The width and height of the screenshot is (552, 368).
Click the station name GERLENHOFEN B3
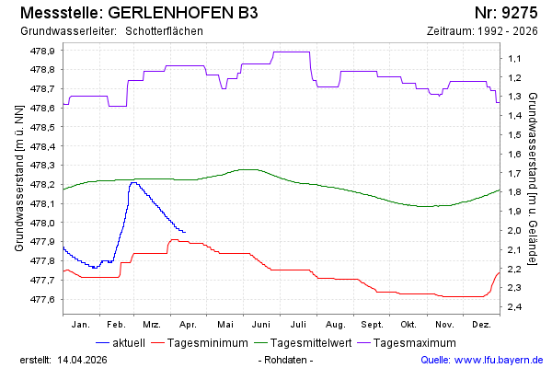(x=183, y=13)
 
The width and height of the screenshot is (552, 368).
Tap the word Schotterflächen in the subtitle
(x=164, y=31)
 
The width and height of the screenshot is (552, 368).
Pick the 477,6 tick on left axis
(x=43, y=299)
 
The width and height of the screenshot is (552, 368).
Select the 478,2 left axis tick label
(x=43, y=184)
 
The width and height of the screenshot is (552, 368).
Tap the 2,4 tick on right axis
(x=513, y=306)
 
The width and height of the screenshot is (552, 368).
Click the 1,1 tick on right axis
(x=513, y=58)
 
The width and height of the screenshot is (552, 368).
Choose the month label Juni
(x=261, y=325)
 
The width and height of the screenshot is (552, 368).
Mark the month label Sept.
(x=372, y=325)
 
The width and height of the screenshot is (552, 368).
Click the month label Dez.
(x=480, y=325)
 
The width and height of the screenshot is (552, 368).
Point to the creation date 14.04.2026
(x=86, y=359)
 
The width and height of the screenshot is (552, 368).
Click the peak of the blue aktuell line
(x=133, y=182)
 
